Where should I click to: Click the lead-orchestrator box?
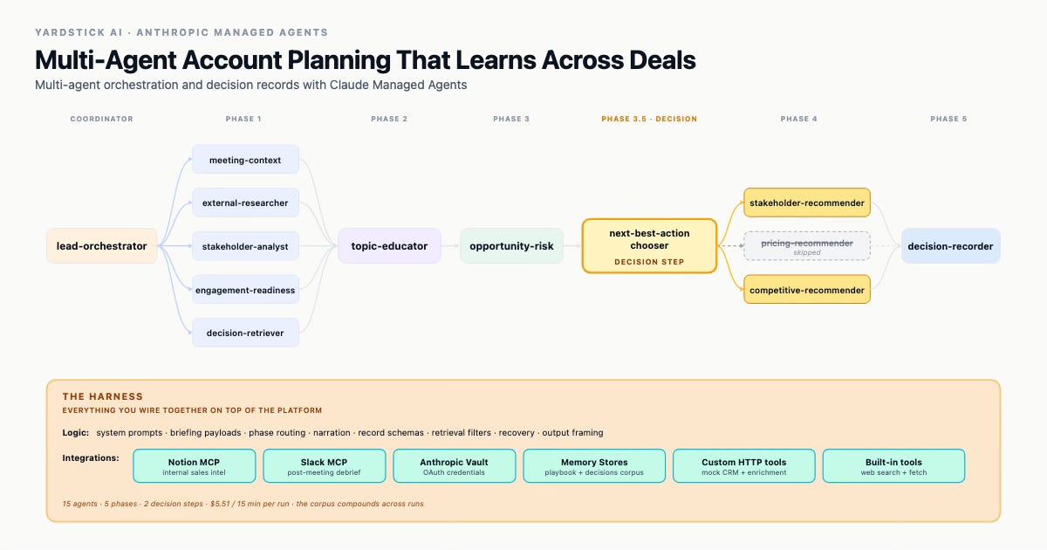102,246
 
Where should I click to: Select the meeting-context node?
245,160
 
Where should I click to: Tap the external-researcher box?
245,203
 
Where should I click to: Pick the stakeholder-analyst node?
245,246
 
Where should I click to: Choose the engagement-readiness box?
245,290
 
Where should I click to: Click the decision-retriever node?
245,333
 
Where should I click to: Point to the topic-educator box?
389,246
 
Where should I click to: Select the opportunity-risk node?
511,246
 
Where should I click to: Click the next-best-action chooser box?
649,246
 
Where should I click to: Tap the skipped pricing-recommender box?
807,246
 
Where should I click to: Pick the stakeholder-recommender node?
807,203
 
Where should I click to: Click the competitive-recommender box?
807,290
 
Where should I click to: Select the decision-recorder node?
951,246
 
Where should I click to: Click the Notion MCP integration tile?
194,466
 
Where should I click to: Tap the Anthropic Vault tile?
454,466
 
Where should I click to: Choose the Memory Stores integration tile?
594,466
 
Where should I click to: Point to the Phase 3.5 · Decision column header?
649,119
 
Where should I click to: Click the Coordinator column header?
102,119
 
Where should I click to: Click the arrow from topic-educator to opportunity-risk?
450,246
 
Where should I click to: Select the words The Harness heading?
103,396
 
